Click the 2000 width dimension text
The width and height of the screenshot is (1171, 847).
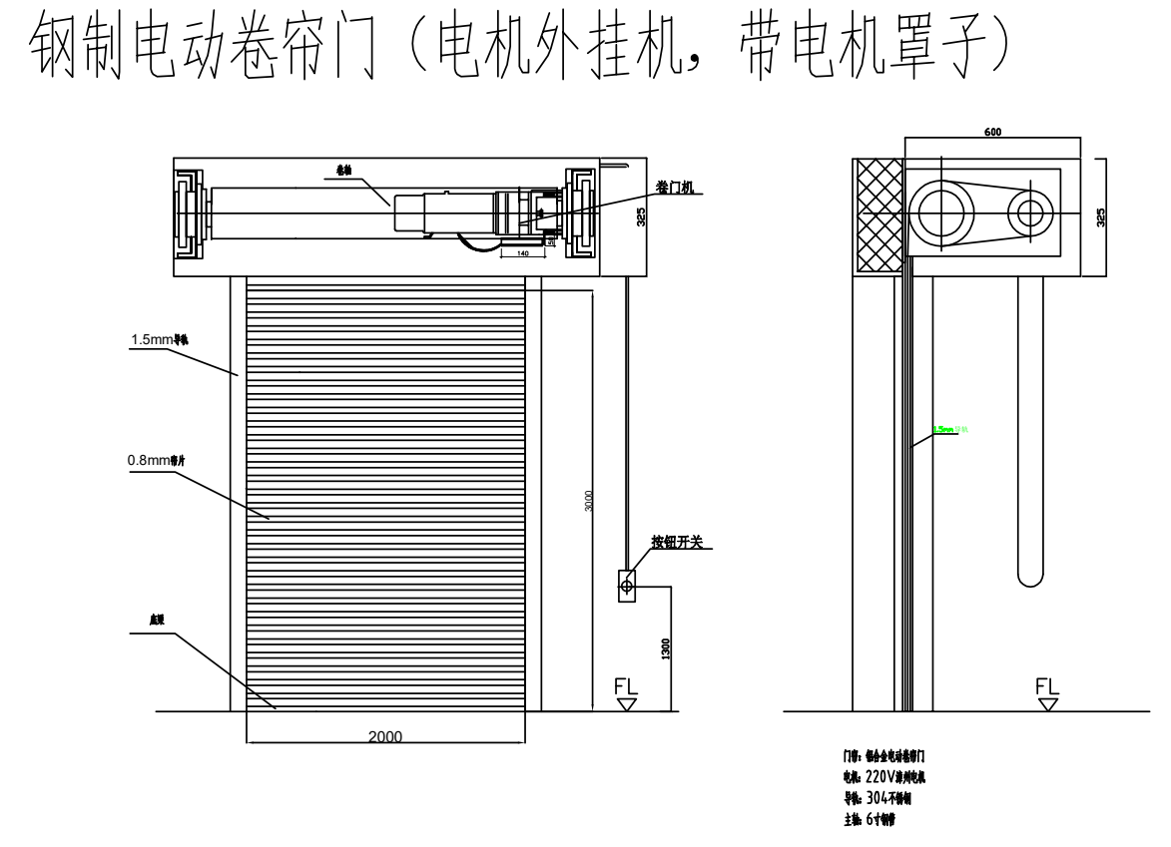click(385, 736)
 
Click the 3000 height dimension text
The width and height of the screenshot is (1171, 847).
click(589, 502)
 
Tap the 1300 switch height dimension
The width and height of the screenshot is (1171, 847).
click(666, 648)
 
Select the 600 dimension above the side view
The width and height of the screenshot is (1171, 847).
click(992, 132)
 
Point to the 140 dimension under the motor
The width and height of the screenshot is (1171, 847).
click(522, 254)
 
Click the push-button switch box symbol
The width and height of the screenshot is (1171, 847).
click(627, 586)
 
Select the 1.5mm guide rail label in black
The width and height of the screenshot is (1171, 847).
click(160, 340)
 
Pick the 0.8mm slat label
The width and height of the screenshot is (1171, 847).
click(155, 461)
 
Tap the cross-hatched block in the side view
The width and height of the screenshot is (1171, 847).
click(878, 216)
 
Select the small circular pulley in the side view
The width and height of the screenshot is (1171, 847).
click(1030, 212)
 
